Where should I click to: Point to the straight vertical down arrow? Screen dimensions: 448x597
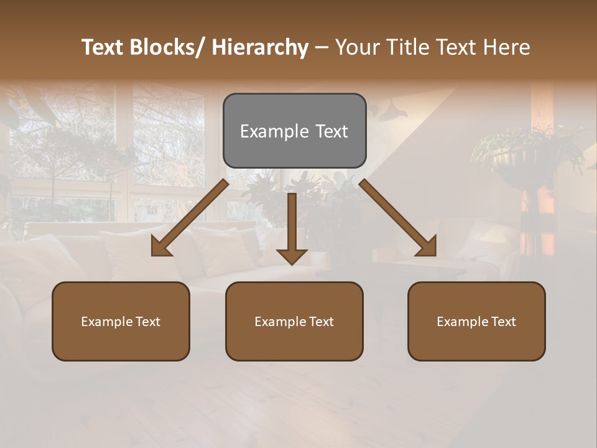tap(292, 224)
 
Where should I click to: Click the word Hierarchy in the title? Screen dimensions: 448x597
tap(260, 47)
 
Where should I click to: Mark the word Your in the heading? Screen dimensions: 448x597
tap(357, 47)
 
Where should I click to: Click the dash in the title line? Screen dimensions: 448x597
tap(322, 47)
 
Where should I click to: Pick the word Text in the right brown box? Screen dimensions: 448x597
tap(504, 322)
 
